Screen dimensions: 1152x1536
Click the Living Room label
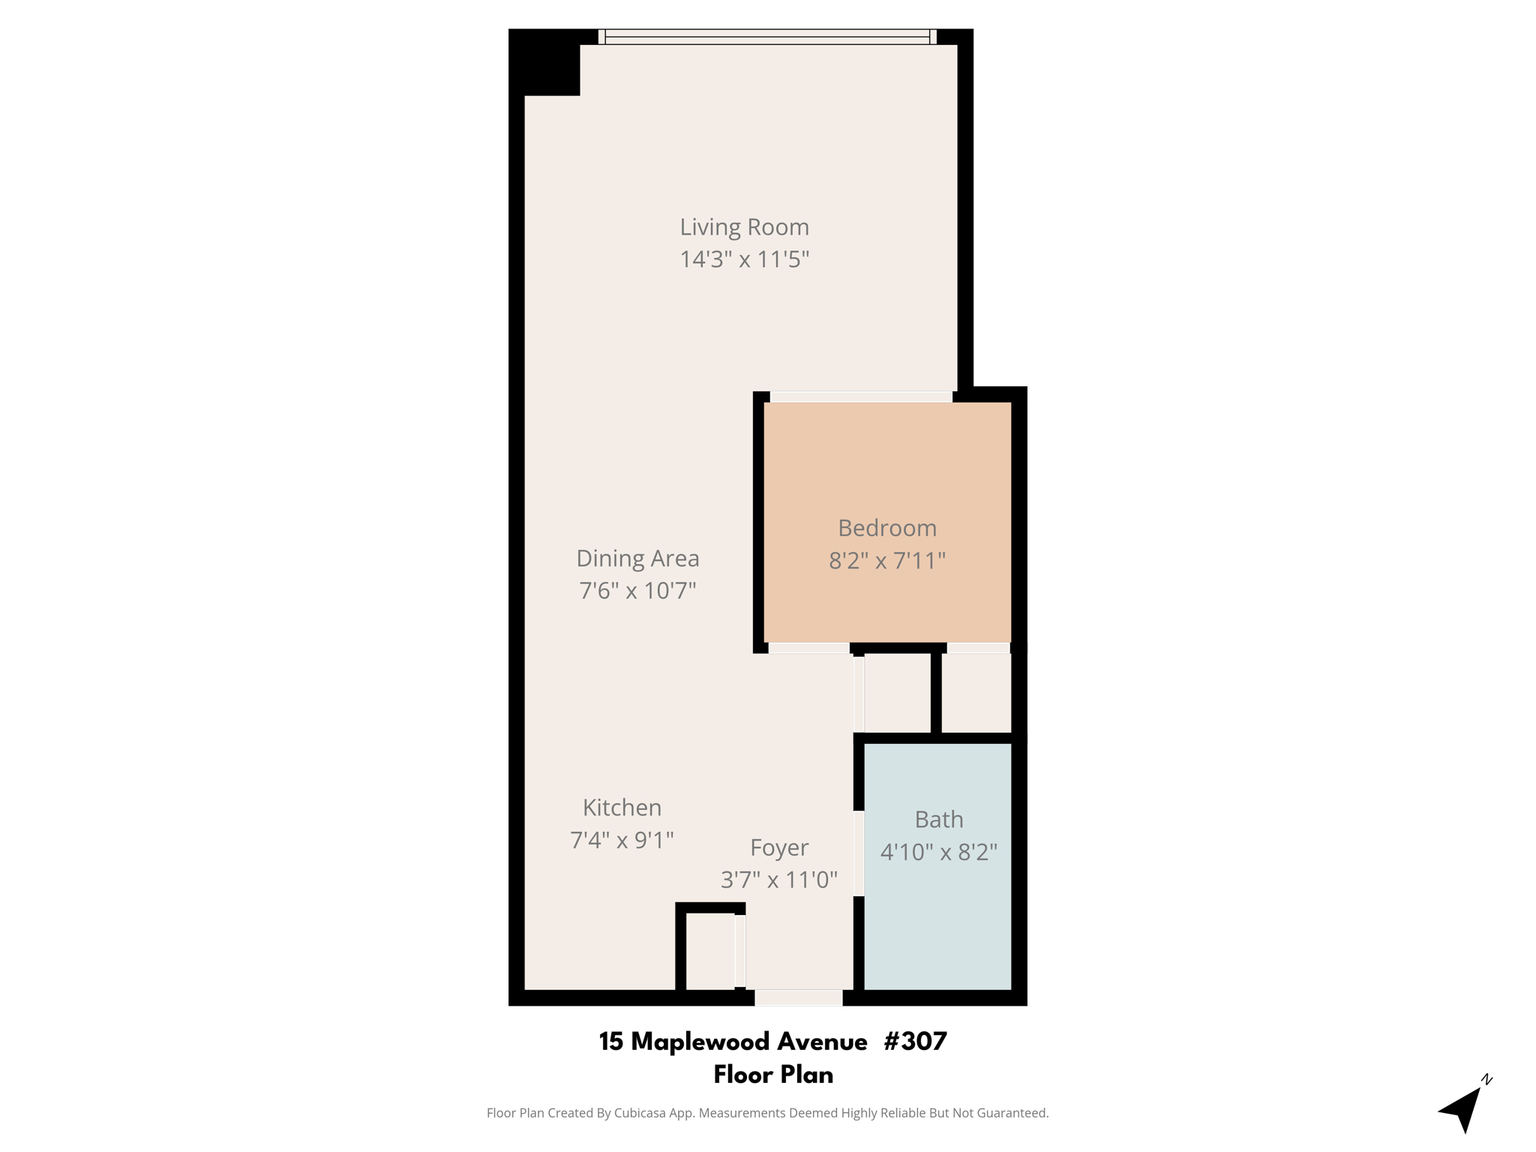coord(744,226)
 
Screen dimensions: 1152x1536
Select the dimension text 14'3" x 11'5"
coord(744,259)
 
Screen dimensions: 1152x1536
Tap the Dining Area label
coord(637,558)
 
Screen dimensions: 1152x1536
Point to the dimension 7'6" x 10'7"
coord(637,591)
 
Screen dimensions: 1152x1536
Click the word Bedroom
coord(887,528)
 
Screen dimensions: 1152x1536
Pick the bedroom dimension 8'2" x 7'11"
coord(887,561)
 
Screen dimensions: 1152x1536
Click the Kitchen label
coord(622,807)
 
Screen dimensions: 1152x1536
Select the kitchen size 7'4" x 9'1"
coord(622,840)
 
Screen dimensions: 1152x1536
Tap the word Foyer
coord(779,847)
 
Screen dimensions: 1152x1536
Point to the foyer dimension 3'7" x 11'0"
coord(779,880)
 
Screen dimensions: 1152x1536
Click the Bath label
coord(939,820)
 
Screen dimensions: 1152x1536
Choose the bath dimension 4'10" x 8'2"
coord(939,853)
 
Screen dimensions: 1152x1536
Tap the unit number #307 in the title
coord(915,1041)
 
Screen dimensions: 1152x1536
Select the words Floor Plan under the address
coord(773,1075)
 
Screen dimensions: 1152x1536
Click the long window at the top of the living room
coord(767,37)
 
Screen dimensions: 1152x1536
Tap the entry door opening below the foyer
coord(798,997)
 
